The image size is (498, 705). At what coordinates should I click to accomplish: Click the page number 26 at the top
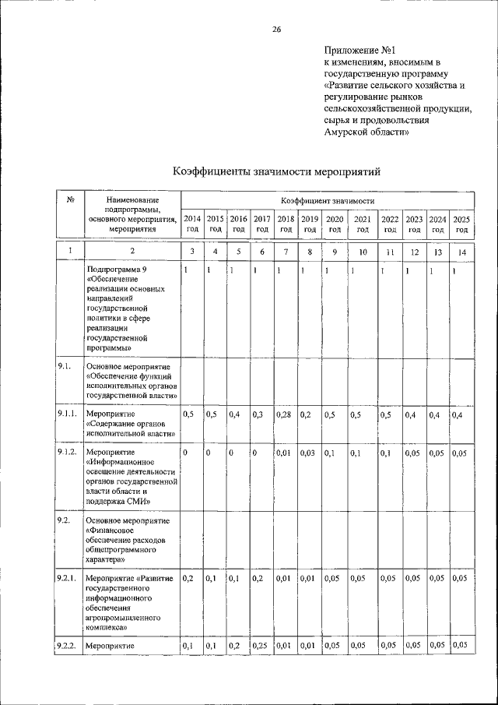pos(275,30)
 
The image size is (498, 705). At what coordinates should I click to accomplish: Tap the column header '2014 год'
pos(191,224)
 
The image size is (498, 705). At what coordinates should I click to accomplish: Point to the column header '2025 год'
pos(461,224)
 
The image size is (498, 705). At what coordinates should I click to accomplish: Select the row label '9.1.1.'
pos(65,414)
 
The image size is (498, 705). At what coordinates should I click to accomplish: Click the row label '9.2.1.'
pos(65,579)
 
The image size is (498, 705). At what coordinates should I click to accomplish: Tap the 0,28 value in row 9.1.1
pos(283,414)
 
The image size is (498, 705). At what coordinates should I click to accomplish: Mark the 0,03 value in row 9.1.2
pos(308,453)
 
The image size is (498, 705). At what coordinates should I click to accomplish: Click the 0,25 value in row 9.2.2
pos(261,645)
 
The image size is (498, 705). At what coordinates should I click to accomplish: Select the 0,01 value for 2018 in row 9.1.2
pos(283,453)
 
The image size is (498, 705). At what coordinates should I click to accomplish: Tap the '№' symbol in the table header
pos(69,201)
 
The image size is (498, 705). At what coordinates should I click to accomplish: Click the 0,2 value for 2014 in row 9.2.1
pos(188,579)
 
